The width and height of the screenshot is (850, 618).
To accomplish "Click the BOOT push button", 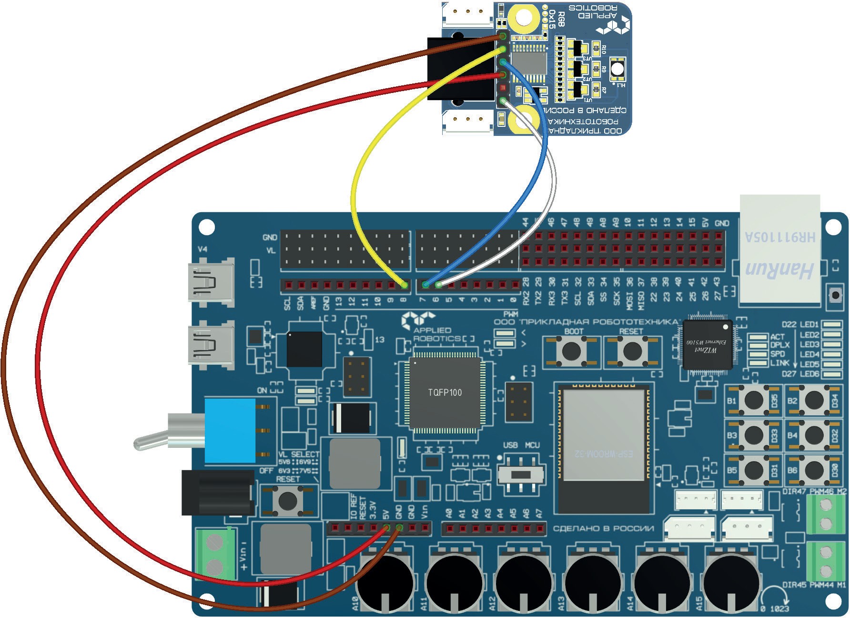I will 571,351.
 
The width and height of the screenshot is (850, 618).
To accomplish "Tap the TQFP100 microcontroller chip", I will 445,392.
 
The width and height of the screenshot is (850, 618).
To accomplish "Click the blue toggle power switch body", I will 230,431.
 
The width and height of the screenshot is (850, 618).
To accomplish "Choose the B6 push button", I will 814,470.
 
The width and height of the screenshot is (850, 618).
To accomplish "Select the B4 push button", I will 814,435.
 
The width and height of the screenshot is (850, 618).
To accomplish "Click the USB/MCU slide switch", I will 522,474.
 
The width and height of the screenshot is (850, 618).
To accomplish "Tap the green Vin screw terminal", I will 215,554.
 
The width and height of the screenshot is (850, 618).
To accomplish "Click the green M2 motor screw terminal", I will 826,514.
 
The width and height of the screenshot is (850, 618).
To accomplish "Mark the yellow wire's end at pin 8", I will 405,285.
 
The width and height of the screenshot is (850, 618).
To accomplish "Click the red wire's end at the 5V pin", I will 386,527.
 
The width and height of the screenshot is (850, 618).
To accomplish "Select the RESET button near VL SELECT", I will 287,500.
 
